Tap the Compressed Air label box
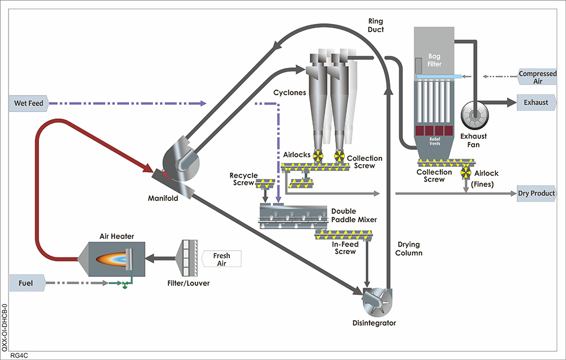click(537, 78)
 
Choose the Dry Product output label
click(536, 194)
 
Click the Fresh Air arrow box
click(221, 259)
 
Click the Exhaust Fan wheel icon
click(474, 116)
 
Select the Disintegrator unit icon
click(376, 299)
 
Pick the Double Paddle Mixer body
click(292, 215)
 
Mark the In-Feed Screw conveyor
click(345, 233)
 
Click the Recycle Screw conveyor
click(266, 184)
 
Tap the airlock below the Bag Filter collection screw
click(466, 172)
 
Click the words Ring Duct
click(376, 26)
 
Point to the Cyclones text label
click(290, 92)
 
